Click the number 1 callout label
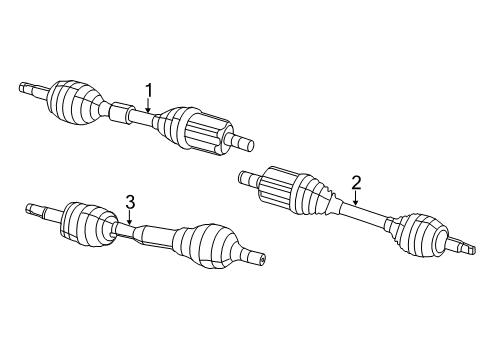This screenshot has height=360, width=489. (x=149, y=91)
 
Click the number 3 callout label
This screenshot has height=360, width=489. (x=130, y=204)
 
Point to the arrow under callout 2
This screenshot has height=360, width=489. (x=355, y=201)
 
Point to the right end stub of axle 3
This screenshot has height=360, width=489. (x=254, y=257)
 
